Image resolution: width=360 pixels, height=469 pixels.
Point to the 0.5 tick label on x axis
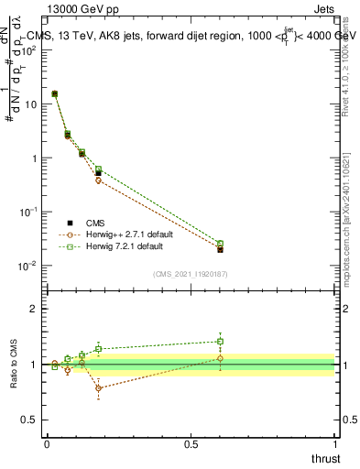191,443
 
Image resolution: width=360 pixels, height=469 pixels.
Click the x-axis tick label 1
334,443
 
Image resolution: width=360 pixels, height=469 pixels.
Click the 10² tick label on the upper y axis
29,50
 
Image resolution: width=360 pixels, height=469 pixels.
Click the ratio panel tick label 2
34,310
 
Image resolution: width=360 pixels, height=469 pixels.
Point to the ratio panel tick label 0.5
30,419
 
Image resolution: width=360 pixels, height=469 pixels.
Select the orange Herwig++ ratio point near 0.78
98,388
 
